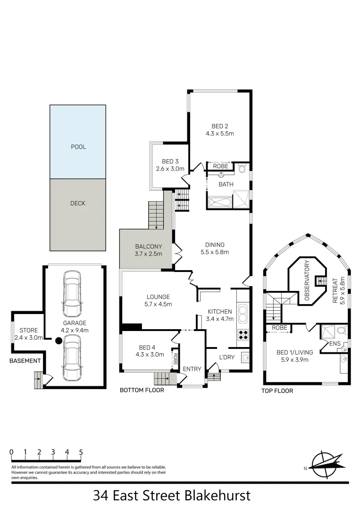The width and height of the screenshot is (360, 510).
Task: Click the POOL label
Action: pos(78,147)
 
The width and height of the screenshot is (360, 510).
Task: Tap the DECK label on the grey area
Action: pos(78,204)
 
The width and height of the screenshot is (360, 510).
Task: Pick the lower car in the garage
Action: pos(73,354)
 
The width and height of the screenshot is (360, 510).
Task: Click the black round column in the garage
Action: pos(59,340)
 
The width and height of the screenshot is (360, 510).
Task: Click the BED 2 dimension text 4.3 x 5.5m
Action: pos(220,134)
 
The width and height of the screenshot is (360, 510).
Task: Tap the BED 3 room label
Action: pos(170,161)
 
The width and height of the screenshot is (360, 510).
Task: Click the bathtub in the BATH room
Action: pos(220,204)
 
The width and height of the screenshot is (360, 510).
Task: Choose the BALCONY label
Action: pos(149,246)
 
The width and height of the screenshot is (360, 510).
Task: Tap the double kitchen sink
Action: pos(243,313)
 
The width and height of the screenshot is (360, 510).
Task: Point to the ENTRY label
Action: pos(192,369)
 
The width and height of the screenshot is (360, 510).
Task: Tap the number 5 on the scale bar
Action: pos(81,452)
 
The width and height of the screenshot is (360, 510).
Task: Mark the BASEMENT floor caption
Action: pos(25,361)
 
